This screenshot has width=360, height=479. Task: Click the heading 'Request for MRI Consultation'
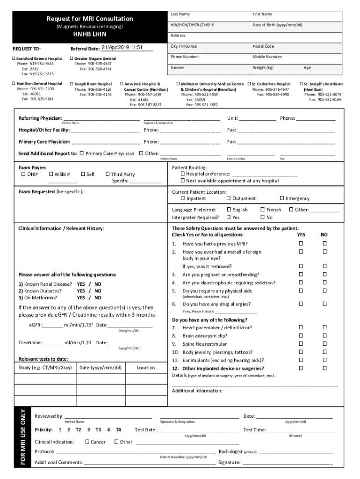[x=89, y=19]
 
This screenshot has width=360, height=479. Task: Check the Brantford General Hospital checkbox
[x=13, y=58]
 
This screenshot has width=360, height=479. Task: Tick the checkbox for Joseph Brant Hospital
[x=71, y=84]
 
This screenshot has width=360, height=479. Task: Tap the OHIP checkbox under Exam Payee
[x=23, y=174]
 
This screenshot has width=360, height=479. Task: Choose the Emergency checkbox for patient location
[x=282, y=199]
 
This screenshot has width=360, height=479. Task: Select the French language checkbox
[x=262, y=210]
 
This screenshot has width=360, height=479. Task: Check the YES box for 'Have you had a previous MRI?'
[x=301, y=244]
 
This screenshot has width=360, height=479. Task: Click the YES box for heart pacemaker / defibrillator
[x=301, y=328]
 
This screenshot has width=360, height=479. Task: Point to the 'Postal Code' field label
[x=263, y=46]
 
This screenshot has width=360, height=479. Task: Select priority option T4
[x=118, y=429]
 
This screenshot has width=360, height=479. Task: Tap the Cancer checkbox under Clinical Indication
[x=87, y=442]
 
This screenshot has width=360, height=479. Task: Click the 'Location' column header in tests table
[x=145, y=368]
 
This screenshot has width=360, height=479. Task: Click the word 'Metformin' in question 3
[x=43, y=298]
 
